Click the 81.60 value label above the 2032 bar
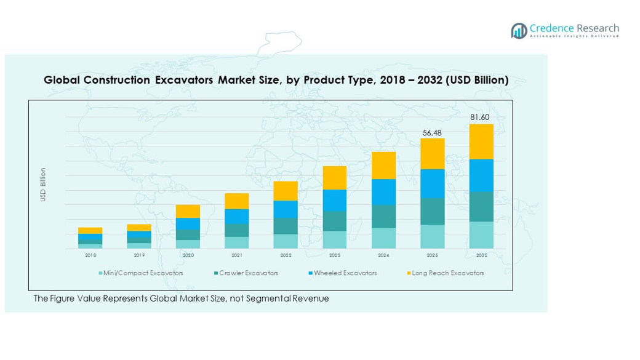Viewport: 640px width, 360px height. (x=481, y=118)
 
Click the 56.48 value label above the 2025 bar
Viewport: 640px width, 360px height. (x=432, y=132)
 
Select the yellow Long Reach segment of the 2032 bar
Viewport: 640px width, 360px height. (x=481, y=142)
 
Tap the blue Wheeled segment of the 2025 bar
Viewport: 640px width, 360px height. (x=433, y=183)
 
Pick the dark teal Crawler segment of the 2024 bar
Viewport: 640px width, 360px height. (x=383, y=216)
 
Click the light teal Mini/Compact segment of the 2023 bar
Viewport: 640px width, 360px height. (x=335, y=239)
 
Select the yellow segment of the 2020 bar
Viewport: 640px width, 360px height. (x=188, y=211)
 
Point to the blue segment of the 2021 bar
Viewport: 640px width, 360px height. (x=237, y=216)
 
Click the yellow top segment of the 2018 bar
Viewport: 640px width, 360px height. (x=90, y=230)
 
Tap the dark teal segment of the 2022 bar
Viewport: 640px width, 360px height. (x=286, y=226)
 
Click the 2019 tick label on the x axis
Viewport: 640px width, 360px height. (x=139, y=255)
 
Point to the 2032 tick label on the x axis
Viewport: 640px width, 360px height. (x=481, y=255)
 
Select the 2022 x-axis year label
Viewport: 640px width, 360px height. (x=286, y=255)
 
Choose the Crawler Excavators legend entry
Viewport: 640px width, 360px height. (x=246, y=273)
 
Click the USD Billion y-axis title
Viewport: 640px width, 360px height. (x=43, y=185)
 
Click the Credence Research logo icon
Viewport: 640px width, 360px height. (x=519, y=30)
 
